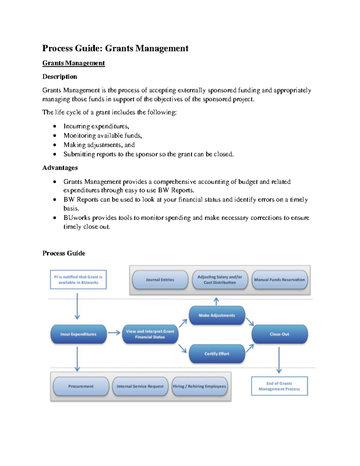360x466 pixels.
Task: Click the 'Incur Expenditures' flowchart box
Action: coord(78,334)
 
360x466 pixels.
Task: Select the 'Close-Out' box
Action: coord(279,334)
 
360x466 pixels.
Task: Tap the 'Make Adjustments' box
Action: coord(217,315)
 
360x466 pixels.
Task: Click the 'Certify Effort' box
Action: coord(217,354)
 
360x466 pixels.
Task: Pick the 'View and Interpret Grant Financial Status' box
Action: coord(150,334)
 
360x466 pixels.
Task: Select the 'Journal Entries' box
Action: coord(160,280)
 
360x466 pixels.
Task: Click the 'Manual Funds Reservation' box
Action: coord(279,280)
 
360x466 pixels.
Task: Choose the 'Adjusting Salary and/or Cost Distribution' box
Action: coord(220,280)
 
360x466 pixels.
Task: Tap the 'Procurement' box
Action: coord(81,386)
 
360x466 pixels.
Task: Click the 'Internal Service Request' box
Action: coord(140,386)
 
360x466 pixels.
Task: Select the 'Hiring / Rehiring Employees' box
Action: coord(199,386)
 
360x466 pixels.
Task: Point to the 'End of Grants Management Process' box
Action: coord(279,386)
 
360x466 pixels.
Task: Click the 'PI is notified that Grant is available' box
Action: coord(78,280)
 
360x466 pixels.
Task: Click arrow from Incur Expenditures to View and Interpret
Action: coord(114,332)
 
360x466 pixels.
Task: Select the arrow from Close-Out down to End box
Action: coord(279,360)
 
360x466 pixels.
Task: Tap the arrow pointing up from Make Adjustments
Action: coord(216,301)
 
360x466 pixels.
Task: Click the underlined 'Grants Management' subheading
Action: coord(73,63)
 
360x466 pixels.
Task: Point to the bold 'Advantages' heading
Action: coord(60,168)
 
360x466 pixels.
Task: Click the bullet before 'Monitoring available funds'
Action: coord(55,136)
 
